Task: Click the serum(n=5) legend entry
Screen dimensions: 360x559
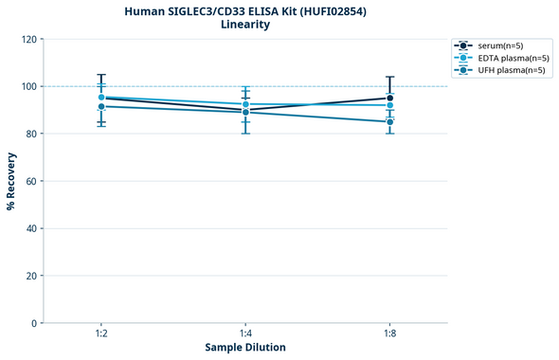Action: pos(499,45)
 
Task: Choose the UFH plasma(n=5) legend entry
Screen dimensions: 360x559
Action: pos(504,70)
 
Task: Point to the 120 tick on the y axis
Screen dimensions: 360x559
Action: pos(29,39)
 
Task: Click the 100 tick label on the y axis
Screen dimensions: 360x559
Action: pos(29,86)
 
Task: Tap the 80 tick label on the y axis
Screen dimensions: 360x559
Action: pos(32,134)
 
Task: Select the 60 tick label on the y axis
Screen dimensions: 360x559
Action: pos(32,181)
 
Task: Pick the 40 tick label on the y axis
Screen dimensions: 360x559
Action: pos(32,228)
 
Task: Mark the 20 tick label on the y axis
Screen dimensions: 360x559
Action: pos(32,276)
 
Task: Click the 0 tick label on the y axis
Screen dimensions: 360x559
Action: pos(35,323)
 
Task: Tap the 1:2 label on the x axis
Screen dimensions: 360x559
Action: pos(101,333)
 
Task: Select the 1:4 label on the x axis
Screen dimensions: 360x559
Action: pos(245,333)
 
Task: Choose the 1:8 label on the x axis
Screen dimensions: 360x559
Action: pos(389,333)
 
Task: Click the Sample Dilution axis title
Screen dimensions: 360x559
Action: pos(245,348)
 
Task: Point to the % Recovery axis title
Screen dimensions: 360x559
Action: pos(11,180)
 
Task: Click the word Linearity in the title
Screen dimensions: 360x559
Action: pos(244,25)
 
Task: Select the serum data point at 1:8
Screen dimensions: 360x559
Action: pos(389,98)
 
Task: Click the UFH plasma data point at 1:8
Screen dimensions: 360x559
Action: pos(389,121)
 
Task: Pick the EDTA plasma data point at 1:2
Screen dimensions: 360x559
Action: pos(101,98)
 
